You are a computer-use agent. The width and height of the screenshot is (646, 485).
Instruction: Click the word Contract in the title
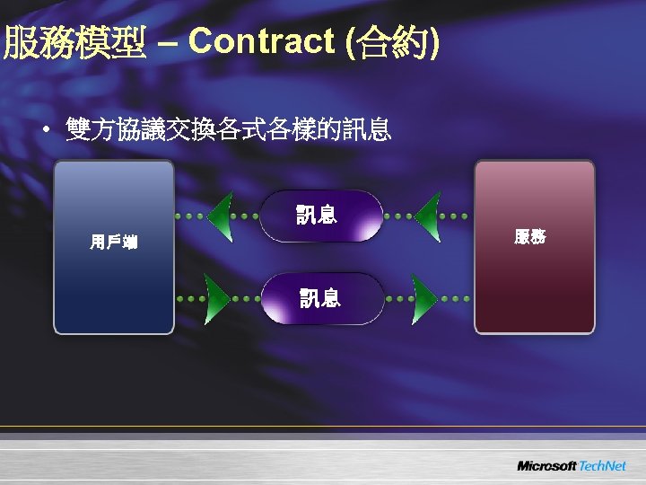click(x=261, y=41)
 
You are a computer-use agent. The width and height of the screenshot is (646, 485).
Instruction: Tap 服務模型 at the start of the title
click(x=74, y=42)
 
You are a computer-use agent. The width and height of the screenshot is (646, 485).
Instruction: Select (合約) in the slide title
click(x=393, y=42)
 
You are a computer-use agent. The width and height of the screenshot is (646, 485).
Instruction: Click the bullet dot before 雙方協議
click(x=44, y=133)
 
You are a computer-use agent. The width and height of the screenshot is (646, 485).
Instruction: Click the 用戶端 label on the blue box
click(x=113, y=242)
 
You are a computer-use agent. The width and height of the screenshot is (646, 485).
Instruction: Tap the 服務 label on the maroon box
click(x=530, y=237)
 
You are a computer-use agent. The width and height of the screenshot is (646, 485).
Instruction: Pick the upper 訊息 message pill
click(x=320, y=216)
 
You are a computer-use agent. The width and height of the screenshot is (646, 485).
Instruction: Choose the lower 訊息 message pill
click(x=320, y=298)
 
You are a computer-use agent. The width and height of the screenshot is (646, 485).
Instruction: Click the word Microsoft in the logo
click(x=546, y=465)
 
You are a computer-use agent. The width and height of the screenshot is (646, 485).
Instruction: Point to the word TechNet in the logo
click(x=602, y=465)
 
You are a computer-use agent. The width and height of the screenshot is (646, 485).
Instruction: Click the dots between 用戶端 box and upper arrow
click(x=189, y=216)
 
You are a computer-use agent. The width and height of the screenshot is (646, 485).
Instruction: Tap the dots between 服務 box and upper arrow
click(x=457, y=216)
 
